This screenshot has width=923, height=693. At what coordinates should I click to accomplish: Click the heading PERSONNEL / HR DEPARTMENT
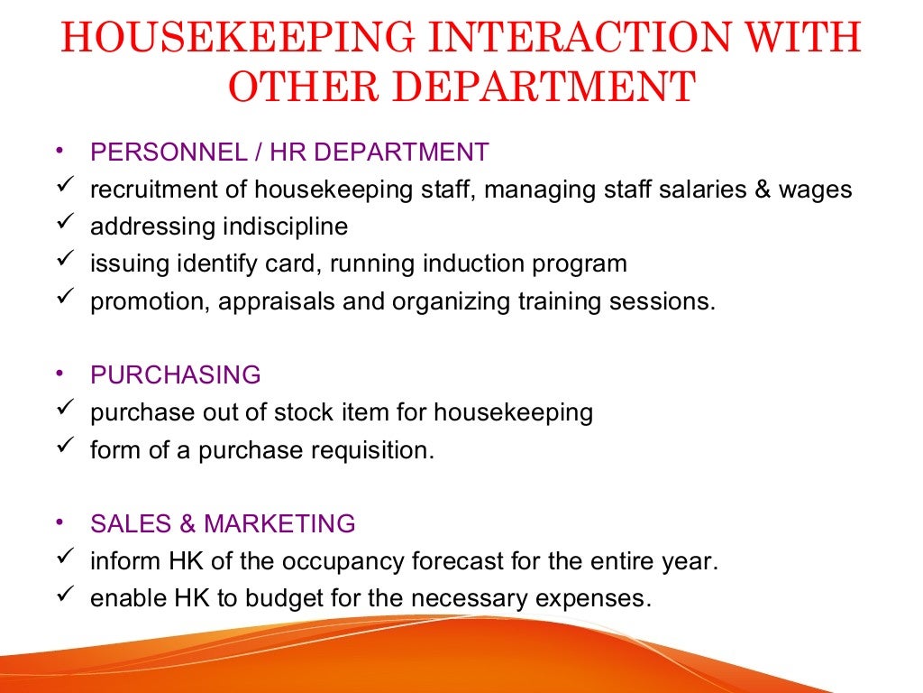[289, 152]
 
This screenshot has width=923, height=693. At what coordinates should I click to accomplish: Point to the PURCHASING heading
[176, 375]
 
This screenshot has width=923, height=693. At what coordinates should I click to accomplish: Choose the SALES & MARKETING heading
[223, 524]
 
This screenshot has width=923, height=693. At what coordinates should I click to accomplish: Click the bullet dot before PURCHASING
[59, 373]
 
